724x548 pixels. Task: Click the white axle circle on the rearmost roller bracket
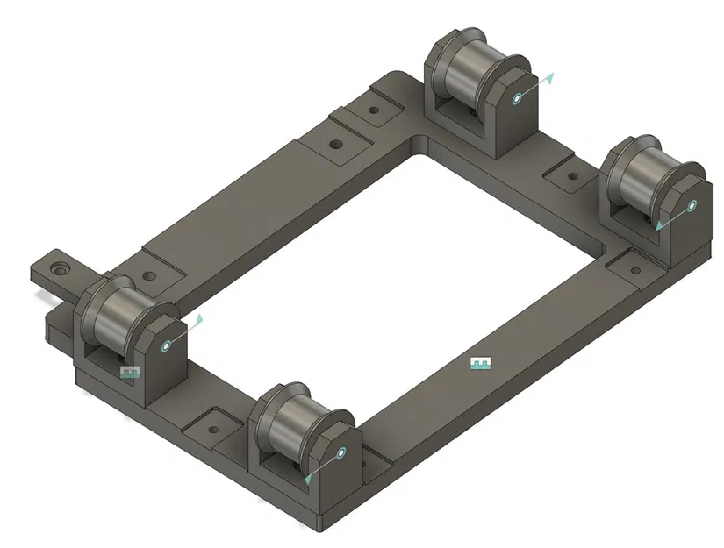point(518,97)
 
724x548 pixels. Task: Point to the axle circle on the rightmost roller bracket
point(692,206)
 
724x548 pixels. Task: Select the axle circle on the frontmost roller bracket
point(341,452)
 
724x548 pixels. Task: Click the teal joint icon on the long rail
point(479,363)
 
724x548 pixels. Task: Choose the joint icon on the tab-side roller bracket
point(130,373)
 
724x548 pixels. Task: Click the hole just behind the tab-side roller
point(149,276)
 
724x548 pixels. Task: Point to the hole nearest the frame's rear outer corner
point(375,112)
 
